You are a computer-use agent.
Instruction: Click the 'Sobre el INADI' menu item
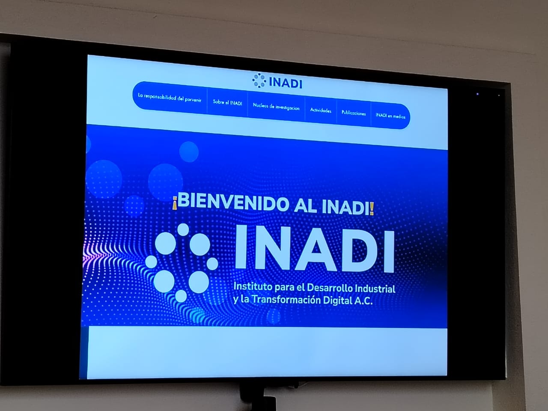coord(227,103)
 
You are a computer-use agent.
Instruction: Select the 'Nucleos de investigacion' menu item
coord(276,107)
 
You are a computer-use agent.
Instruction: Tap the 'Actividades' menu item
coord(321,110)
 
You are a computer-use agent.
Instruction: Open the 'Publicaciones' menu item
coord(354,113)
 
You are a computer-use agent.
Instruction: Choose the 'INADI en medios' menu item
coord(390,116)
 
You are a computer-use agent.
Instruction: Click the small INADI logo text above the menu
coord(286,83)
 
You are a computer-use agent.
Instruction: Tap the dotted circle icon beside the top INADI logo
coord(259,80)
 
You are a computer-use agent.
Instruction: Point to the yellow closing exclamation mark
coord(372,209)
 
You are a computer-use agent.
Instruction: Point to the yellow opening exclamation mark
coord(175,203)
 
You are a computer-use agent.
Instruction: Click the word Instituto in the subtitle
coord(253,286)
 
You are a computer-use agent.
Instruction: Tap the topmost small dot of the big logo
coord(183,229)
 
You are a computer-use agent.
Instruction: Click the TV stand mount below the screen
coord(258,396)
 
